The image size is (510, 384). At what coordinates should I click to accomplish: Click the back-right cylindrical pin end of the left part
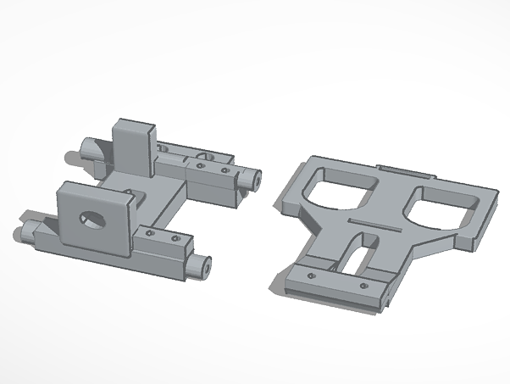(254, 178)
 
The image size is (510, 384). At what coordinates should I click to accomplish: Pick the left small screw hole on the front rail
(151, 232)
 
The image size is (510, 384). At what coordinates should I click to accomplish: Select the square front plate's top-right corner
(133, 197)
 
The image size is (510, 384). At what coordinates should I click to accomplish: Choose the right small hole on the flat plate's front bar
(364, 285)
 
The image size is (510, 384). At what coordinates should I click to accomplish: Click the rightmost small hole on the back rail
(225, 172)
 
